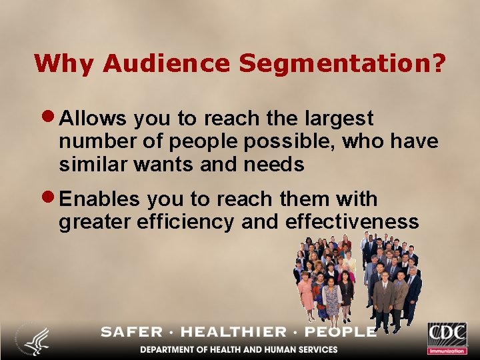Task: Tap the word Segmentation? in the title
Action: (342, 64)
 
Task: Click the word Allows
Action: (93, 118)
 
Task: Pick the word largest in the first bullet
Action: (341, 119)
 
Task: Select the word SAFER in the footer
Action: (131, 331)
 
